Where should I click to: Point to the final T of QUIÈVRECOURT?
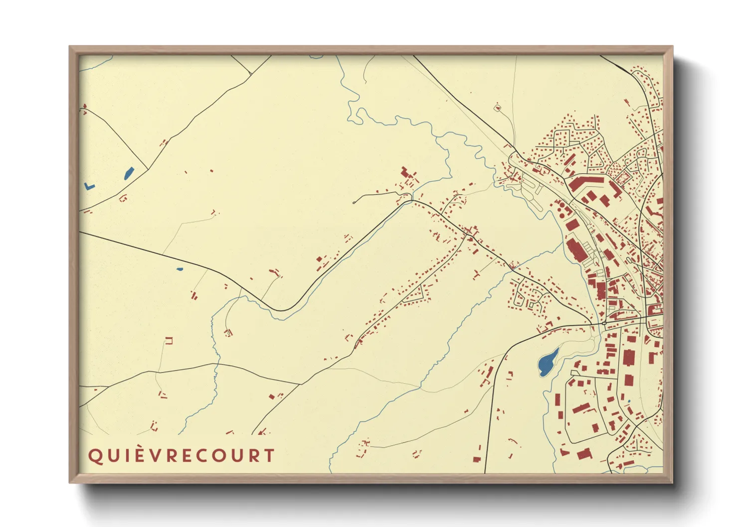[x=269, y=456]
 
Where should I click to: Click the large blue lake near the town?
[x=548, y=363]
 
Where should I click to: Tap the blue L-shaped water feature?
[x=89, y=186]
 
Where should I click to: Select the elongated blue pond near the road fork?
[x=129, y=173]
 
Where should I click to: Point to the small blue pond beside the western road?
[x=180, y=269]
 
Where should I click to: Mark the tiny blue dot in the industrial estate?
[x=629, y=401]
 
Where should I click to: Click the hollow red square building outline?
[x=169, y=341]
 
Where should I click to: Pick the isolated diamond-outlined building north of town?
[x=497, y=107]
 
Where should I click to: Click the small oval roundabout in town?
[x=604, y=323]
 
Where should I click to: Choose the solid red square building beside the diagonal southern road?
[x=272, y=396]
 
